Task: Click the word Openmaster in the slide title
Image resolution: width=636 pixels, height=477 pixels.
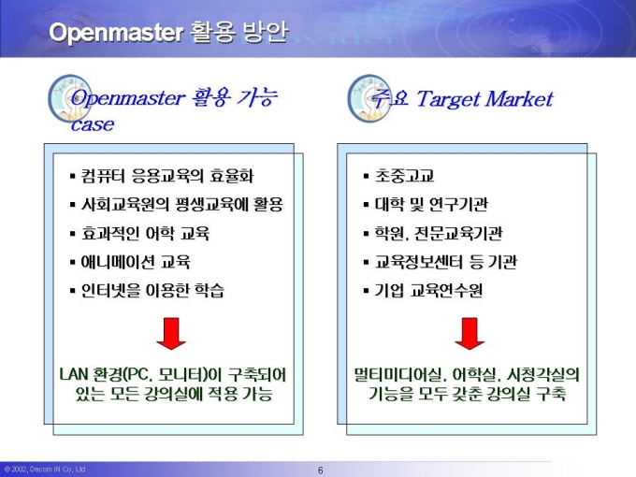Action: tap(116, 34)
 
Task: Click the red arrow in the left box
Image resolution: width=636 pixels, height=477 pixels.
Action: tap(171, 333)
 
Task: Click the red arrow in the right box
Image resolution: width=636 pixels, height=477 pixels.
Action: tap(470, 333)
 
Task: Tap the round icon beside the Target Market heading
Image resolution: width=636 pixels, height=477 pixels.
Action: tap(369, 98)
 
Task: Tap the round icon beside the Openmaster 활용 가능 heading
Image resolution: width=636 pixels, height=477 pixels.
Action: tap(69, 98)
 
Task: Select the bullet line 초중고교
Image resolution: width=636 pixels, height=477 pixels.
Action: tap(399, 176)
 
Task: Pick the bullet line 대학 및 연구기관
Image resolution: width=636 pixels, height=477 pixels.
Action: tap(426, 205)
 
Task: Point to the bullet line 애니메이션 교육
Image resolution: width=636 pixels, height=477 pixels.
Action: tap(130, 262)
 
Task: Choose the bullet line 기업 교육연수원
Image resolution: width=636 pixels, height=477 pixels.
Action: tap(423, 291)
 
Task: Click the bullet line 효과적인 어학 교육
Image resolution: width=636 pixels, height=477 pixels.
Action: tap(140, 233)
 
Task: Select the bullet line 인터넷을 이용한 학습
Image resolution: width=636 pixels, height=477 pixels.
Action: tap(147, 291)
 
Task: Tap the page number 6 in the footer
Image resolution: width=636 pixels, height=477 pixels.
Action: tap(321, 470)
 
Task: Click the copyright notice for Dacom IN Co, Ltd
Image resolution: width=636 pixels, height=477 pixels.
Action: tap(45, 470)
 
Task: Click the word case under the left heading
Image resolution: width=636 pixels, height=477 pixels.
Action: tap(93, 124)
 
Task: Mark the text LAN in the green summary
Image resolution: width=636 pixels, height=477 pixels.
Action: tap(74, 374)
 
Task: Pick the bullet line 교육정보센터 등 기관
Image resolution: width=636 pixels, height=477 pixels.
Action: tap(441, 262)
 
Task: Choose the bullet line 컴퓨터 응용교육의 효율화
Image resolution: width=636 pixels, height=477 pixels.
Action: tap(162, 176)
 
